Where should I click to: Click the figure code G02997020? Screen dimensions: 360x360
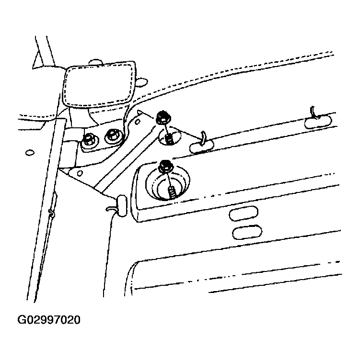click(x=49, y=320)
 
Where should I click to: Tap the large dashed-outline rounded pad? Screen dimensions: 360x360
click(x=99, y=84)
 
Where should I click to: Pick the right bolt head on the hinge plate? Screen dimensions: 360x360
click(x=113, y=136)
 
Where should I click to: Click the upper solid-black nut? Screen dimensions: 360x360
click(x=163, y=118)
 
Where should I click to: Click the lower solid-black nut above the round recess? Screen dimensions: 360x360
click(x=165, y=166)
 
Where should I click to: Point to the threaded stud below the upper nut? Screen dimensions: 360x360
click(x=169, y=139)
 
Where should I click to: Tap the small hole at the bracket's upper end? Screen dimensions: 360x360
click(x=137, y=122)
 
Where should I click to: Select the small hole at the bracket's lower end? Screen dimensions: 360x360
click(x=80, y=173)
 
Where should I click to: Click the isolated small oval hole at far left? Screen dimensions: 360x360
click(x=30, y=152)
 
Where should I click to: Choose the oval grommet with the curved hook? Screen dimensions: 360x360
click(x=201, y=146)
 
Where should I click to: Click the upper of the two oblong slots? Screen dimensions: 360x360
click(x=244, y=214)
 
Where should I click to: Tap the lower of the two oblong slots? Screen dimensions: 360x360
click(x=247, y=232)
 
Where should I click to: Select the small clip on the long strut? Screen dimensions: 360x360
click(x=52, y=214)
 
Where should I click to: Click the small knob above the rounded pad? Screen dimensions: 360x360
click(x=95, y=62)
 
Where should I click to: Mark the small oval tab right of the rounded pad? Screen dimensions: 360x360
click(x=141, y=82)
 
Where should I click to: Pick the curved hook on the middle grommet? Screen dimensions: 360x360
click(x=202, y=138)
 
